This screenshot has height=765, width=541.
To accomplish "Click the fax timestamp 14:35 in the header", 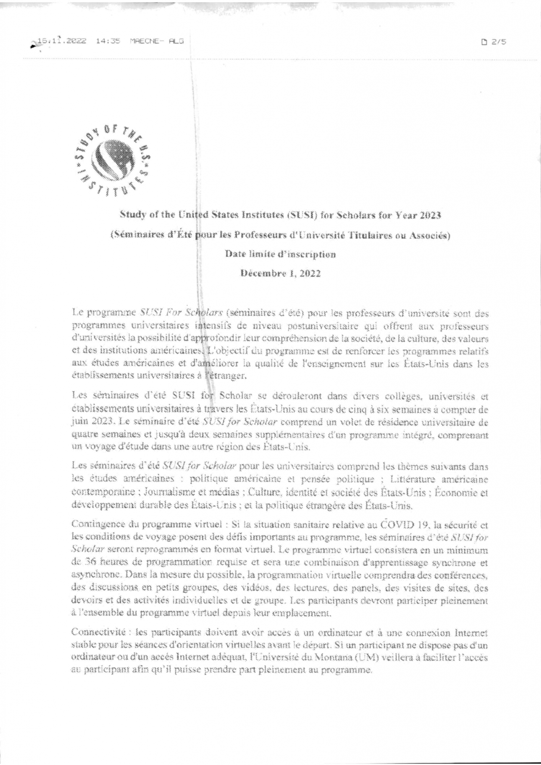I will point(108,41).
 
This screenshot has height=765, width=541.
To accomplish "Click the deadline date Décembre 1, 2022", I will point(280,273).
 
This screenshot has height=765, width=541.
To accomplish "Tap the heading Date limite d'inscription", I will point(280,254).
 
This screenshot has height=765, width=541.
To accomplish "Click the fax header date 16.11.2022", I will point(62,41).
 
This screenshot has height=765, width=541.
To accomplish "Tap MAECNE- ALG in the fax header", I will point(157,41).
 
